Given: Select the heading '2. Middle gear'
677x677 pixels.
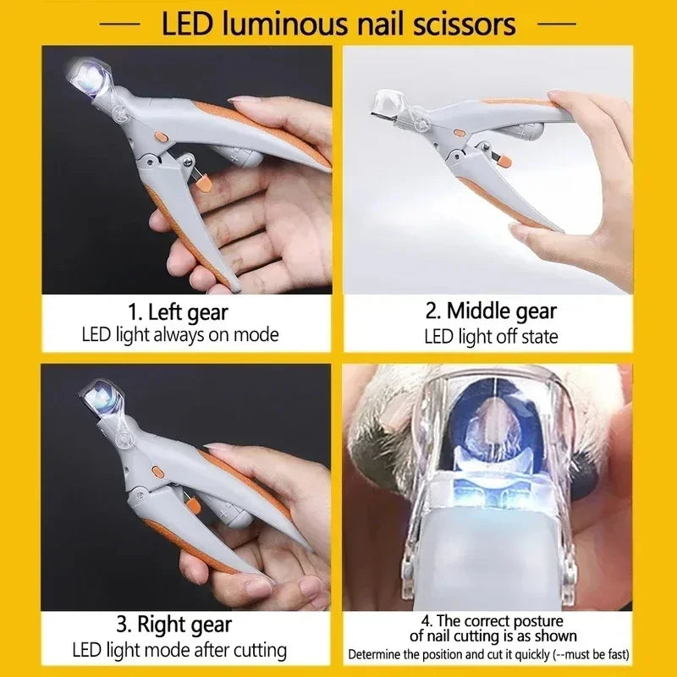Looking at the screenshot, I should pyautogui.click(x=491, y=311).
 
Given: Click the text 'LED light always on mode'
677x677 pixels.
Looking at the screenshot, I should pyautogui.click(x=180, y=334).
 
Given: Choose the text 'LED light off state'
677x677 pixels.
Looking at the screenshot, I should pyautogui.click(x=491, y=336).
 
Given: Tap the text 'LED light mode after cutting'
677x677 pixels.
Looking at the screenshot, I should pyautogui.click(x=180, y=651).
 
